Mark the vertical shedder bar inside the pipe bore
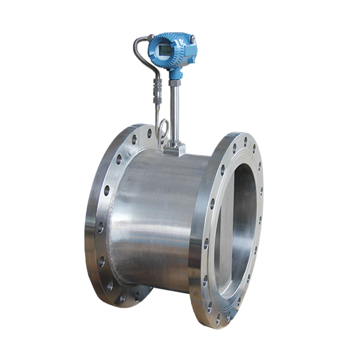tap(224, 225)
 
